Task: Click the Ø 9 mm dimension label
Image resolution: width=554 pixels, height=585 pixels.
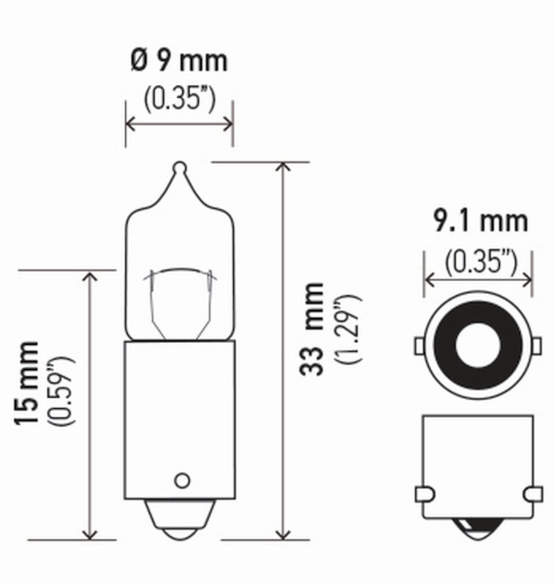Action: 179,60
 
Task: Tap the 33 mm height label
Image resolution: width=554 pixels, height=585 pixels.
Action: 313,328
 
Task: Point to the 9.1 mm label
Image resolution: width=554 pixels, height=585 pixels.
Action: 479,220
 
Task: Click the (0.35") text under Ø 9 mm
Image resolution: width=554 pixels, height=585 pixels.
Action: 179,99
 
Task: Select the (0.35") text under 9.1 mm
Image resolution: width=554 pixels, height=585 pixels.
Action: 479,259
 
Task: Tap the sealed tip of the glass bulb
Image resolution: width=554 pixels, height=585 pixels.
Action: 180,167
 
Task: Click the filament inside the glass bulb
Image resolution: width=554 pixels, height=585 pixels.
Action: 180,274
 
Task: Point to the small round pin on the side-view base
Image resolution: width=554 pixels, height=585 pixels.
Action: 181,480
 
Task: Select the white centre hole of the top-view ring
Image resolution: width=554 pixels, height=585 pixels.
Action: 478,344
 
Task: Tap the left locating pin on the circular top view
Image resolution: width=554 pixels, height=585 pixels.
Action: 420,345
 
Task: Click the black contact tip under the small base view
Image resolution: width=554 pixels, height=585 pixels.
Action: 479,528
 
